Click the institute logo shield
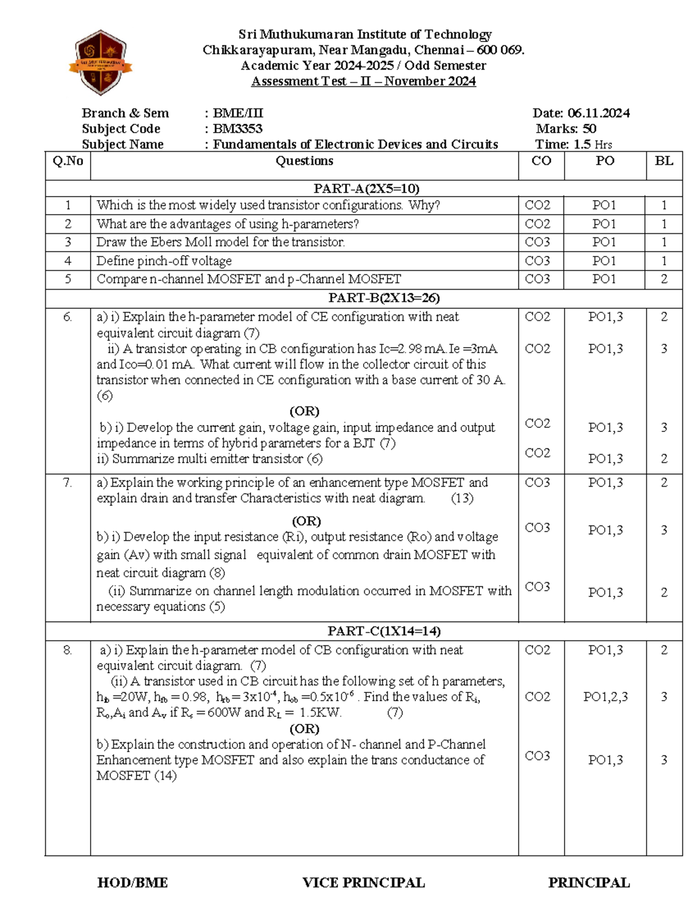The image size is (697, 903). pyautogui.click(x=101, y=62)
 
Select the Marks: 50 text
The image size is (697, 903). pyautogui.click(x=566, y=129)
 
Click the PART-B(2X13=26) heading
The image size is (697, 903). pyautogui.click(x=384, y=298)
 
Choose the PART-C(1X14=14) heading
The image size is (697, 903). pyautogui.click(x=384, y=631)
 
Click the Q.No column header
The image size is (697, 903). pyautogui.click(x=68, y=161)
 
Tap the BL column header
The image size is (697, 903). pyautogui.click(x=664, y=161)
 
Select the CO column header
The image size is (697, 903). pyautogui.click(x=541, y=161)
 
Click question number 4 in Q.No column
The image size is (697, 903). pyautogui.click(x=68, y=260)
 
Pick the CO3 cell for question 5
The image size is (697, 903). pyautogui.click(x=537, y=279)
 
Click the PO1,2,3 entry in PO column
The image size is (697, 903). pyautogui.click(x=605, y=697)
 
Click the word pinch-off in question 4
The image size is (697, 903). pyautogui.click(x=159, y=260)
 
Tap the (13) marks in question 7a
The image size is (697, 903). pyautogui.click(x=462, y=498)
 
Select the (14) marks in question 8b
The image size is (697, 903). pyautogui.click(x=165, y=776)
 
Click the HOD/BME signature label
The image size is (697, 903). pyautogui.click(x=132, y=883)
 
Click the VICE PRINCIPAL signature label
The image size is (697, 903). pyautogui.click(x=364, y=883)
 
